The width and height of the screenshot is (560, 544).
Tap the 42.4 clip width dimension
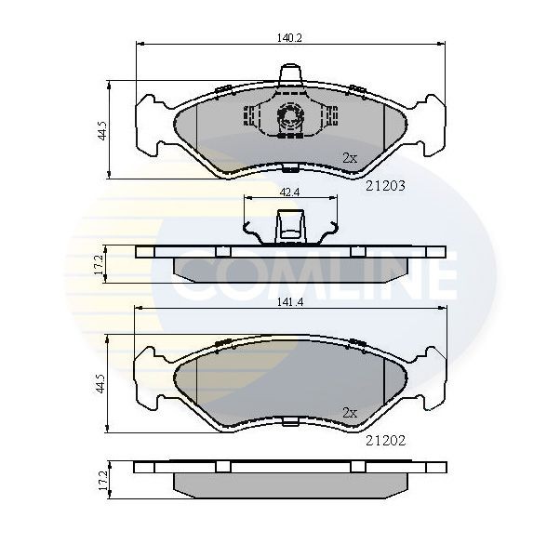(289, 192)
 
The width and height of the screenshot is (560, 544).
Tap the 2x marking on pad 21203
(349, 158)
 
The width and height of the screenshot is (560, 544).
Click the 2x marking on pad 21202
(349, 411)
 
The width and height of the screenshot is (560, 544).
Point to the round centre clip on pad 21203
(289, 118)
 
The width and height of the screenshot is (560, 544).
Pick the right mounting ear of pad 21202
(429, 377)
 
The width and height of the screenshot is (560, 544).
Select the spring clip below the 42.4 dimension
(289, 230)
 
